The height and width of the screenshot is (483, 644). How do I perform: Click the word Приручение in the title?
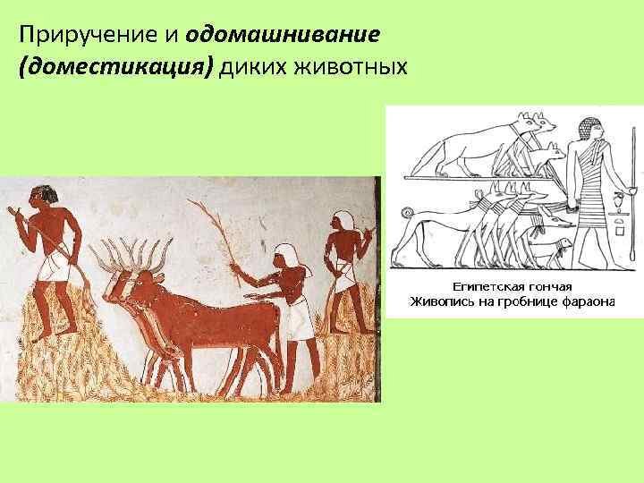click(x=89, y=35)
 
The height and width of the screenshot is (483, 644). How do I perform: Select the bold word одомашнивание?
click(x=282, y=35)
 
